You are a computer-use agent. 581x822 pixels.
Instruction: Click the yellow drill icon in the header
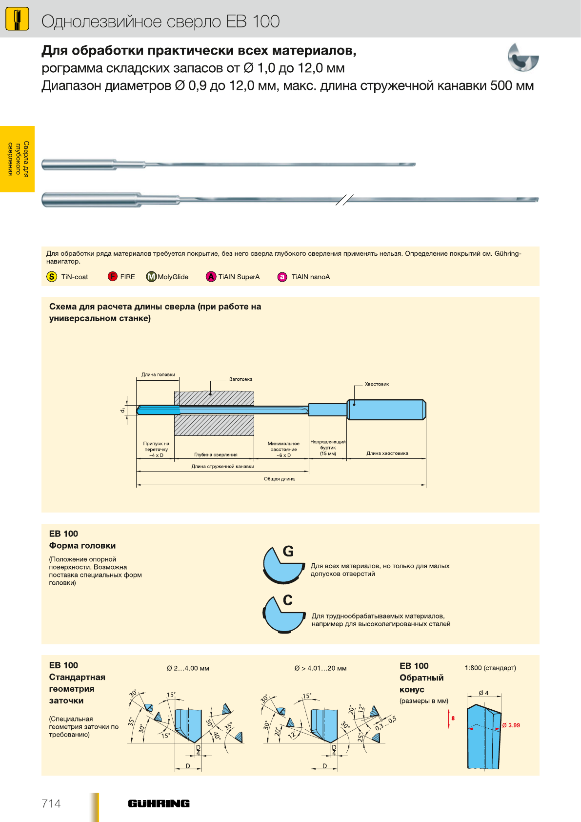pos(17,20)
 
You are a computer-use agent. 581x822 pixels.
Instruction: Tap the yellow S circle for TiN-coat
pos(52,277)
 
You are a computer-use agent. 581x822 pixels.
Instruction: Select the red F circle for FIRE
pos(113,277)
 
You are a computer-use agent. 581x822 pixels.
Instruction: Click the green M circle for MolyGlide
pos(151,277)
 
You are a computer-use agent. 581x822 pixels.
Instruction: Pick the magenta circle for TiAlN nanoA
pos(282,277)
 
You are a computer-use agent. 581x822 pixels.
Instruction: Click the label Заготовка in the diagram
pos(240,379)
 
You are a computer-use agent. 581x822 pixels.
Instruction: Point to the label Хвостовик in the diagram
pos(377,384)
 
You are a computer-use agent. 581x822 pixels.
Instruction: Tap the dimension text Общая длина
pos(279,479)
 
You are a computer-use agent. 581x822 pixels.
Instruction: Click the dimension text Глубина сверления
pos(216,454)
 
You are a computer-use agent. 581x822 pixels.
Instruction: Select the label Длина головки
pos(158,374)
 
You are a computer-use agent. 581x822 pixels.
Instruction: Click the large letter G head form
pos(288,552)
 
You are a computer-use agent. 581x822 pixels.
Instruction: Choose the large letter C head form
pos(288,600)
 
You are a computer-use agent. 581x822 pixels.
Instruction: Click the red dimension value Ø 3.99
pos(511,725)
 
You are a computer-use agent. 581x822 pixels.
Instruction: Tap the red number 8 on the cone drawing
pos(453,718)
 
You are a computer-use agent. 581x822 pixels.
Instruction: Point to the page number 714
pos(51,803)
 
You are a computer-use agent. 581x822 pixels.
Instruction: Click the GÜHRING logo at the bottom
pos(159,803)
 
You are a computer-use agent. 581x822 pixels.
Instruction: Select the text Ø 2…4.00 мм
pos(188,668)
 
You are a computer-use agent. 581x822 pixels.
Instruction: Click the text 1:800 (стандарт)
pos(490,668)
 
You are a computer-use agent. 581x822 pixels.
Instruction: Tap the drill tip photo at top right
pos(522,58)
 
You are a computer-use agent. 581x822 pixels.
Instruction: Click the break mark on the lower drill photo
pos(344,200)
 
